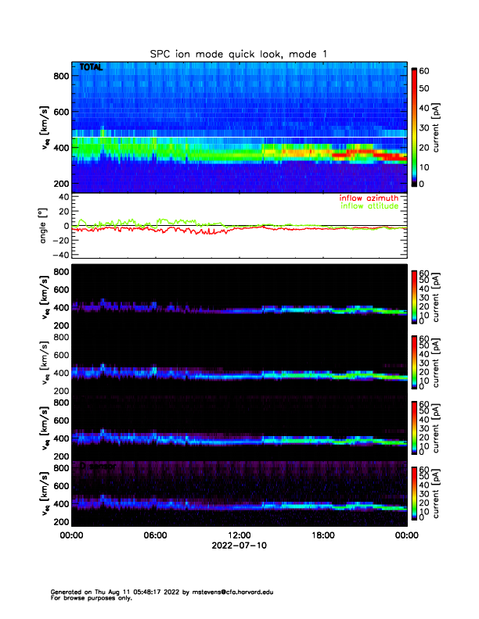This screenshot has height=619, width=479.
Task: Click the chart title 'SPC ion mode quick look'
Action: [226, 52]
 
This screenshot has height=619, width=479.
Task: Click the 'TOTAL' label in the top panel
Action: [91, 68]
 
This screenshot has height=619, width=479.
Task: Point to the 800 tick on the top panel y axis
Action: [60, 75]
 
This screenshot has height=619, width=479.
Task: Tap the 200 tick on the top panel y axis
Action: [60, 183]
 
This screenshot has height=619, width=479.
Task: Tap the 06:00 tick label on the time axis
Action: [155, 535]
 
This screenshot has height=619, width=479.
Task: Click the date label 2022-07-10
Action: [239, 546]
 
